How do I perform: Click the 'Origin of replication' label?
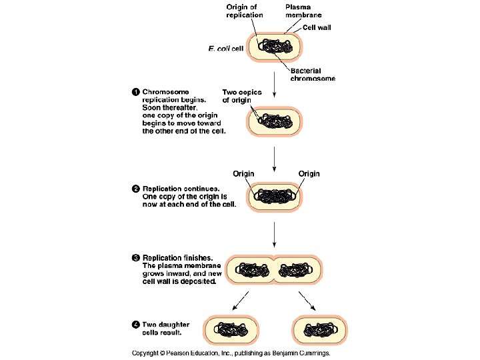[x=241, y=11]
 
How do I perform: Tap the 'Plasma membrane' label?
[x=304, y=11]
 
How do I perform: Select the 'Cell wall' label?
[x=317, y=28]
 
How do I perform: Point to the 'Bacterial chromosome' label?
[x=313, y=75]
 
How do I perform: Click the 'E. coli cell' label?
[x=226, y=48]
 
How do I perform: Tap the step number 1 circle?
[x=135, y=92]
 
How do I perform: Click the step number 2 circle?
[x=135, y=189]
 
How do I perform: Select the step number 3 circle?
[x=135, y=257]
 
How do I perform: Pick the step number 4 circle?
[x=135, y=325]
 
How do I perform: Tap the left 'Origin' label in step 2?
[x=243, y=174]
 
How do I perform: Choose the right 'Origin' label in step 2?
[x=309, y=174]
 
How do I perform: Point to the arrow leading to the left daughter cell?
[x=241, y=301]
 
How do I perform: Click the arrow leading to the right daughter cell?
[x=307, y=301]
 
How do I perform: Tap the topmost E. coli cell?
[x=275, y=47]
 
